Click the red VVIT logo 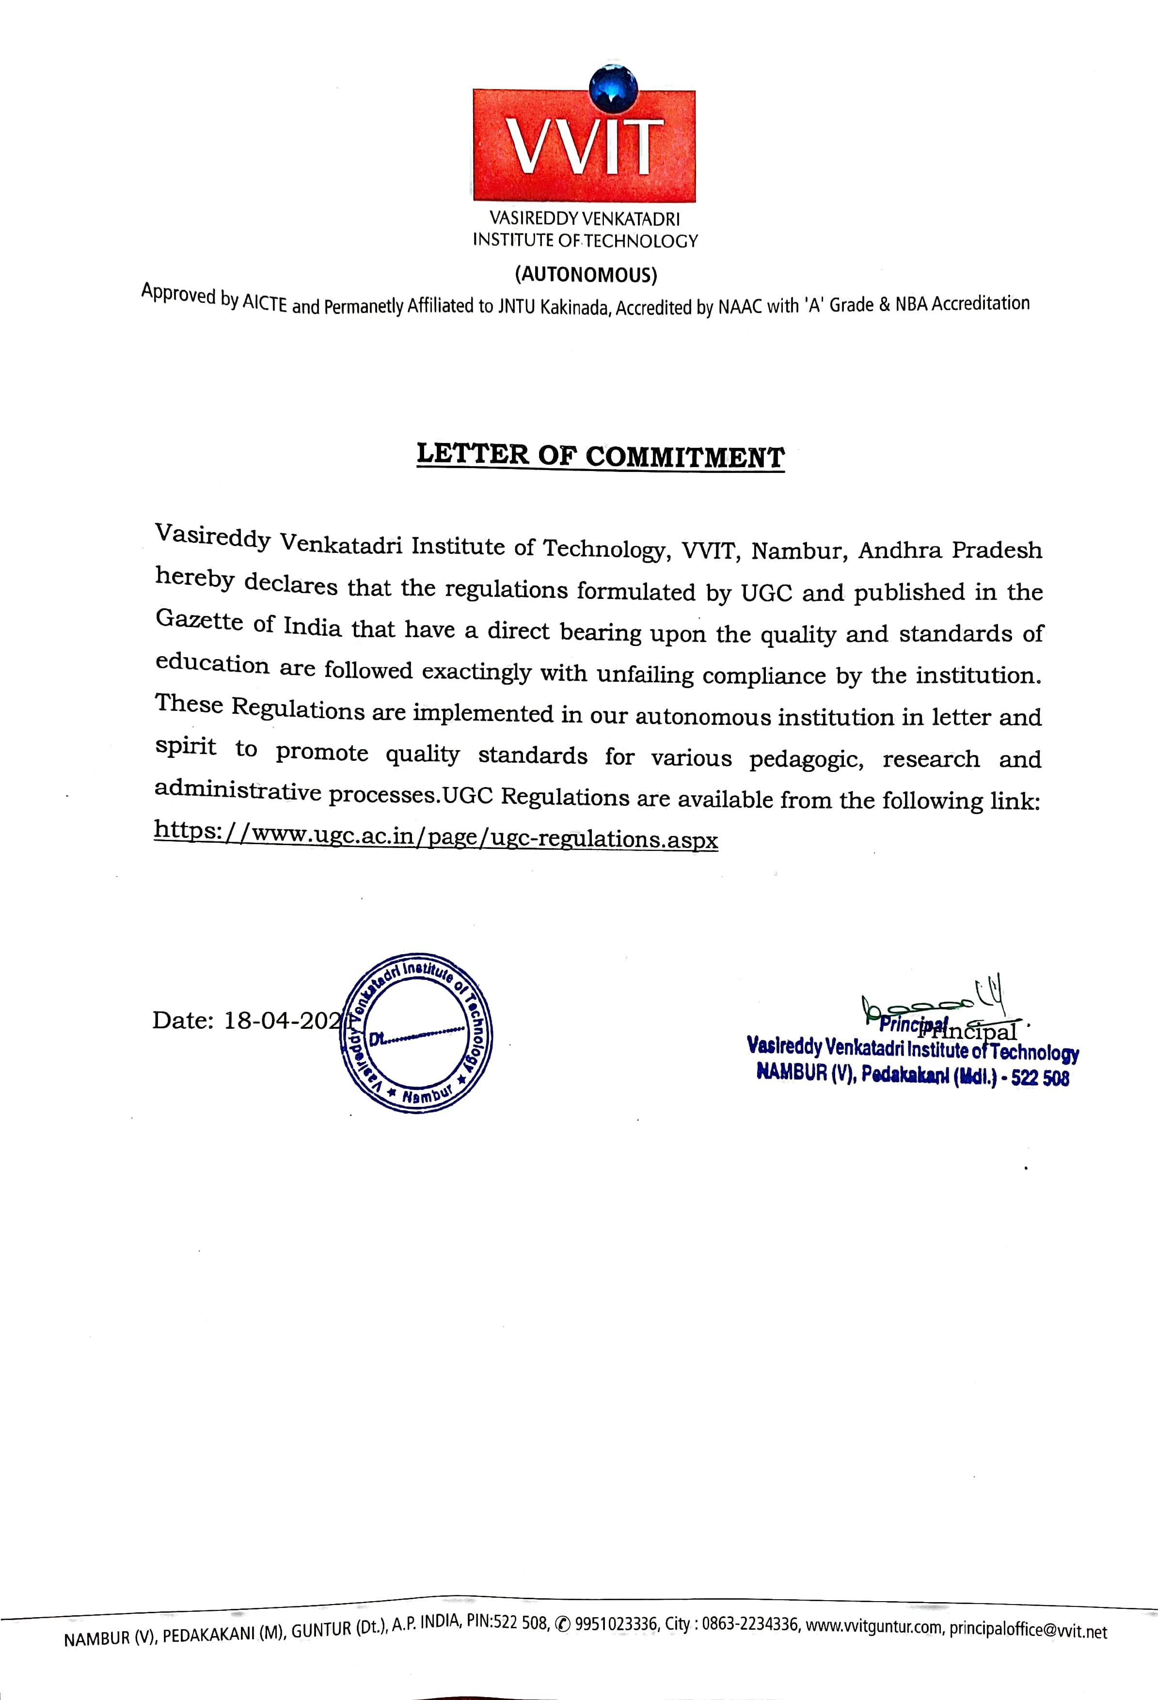pos(584,145)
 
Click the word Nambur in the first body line pos(799,550)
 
